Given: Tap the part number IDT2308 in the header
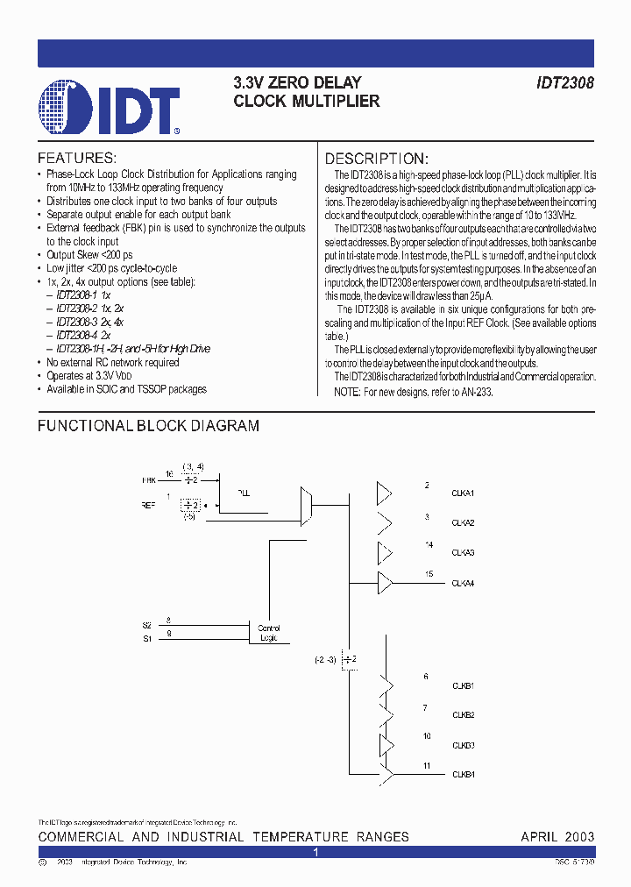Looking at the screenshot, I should coord(565,83).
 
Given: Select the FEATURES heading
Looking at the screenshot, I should coord(77,159).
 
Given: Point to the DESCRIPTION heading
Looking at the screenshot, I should coord(377,159).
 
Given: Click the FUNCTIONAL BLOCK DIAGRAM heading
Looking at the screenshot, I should coord(148,426).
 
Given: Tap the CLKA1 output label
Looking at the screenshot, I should coord(463,494).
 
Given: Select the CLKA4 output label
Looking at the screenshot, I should coord(463,583).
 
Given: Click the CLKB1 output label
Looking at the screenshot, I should coord(463,685).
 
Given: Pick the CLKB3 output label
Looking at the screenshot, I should coord(463,745).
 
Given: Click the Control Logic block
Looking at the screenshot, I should coord(268,632).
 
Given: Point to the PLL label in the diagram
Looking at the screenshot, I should coord(244,493).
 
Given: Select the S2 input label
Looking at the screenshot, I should coord(146,625).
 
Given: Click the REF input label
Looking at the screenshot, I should coord(148,505).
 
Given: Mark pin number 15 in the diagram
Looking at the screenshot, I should coord(429,573).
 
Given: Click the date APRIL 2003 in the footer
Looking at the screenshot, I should coord(557,837).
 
